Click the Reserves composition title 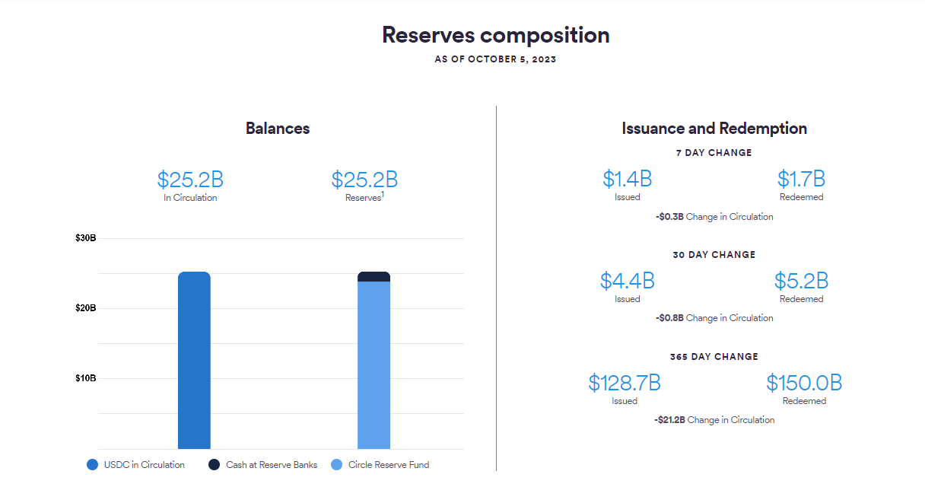pos(495,35)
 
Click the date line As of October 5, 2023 pos(495,59)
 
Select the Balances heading pos(278,129)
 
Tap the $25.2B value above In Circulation pos(190,180)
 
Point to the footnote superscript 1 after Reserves pos(383,194)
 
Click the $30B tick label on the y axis pos(85,238)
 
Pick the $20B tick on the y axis pos(85,308)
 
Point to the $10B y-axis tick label pos(85,378)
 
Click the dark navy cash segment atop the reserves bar pos(373,277)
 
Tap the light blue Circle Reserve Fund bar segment pos(373,365)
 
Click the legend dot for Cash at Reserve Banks pos(215,465)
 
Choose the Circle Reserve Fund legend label pos(389,465)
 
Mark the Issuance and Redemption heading pos(714,129)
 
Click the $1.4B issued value pos(628,179)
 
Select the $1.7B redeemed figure pos(801,179)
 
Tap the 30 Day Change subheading pos(714,255)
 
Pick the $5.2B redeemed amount pos(801,281)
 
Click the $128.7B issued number pos(625,383)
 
